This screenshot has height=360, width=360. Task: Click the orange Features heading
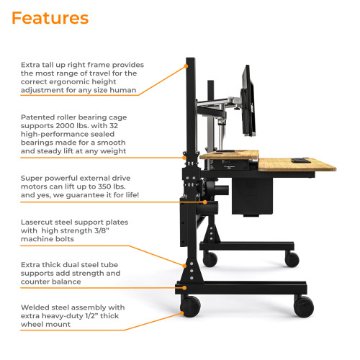[x=50, y=18]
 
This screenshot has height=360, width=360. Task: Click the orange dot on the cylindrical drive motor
[x=210, y=202]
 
